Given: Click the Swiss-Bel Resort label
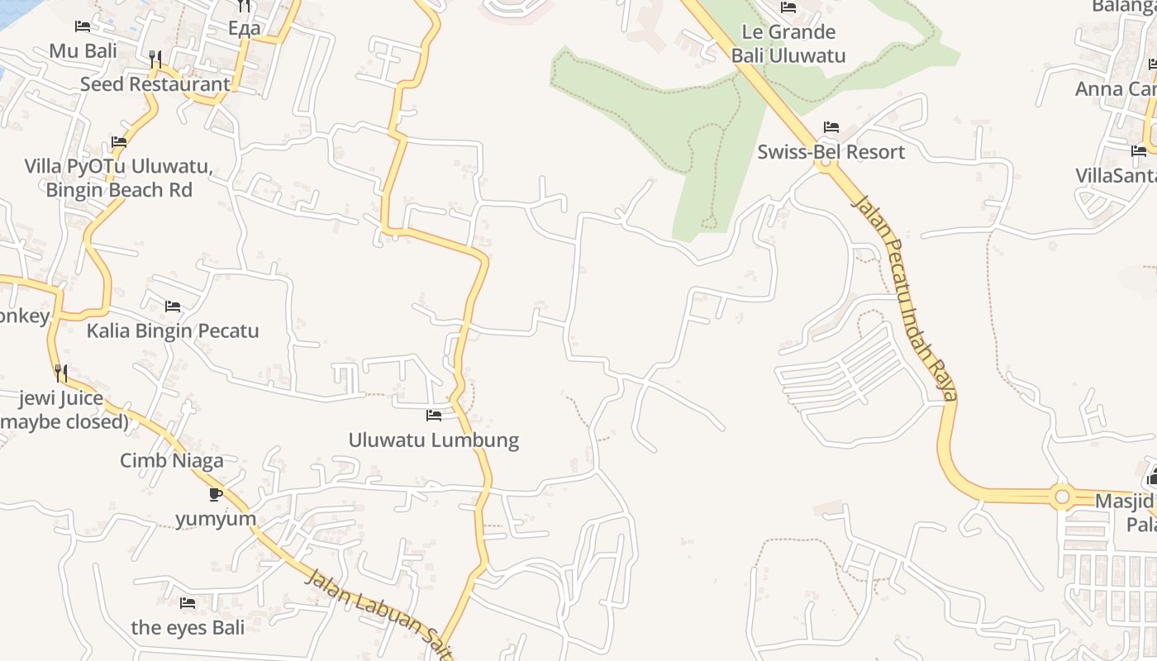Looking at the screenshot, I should pos(831,152).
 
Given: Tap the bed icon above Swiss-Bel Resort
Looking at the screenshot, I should pos(831,127).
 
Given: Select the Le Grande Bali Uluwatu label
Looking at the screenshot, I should pos(788,44).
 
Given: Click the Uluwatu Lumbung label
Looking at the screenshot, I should pos(434,440).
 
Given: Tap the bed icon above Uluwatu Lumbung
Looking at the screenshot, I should pos(434,415).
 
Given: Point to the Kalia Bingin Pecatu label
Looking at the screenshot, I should pos(173,331).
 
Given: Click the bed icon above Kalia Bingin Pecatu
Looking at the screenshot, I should pos(173,307).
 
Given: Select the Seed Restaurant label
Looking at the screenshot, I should pos(155,84).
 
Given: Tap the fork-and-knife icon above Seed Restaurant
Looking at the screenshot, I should pos(155,59).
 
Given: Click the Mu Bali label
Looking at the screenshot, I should pos(83,51).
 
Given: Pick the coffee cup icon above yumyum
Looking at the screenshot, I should pos(216,494).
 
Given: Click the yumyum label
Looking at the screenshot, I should pos(216,519).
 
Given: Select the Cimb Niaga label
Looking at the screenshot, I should pos(172,460).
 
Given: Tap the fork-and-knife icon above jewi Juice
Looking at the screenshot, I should pos(61,373).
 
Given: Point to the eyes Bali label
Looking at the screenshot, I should pos(188,628).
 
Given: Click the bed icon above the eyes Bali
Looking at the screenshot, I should pos(188,603).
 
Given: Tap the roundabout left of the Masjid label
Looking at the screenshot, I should pos(1062,497).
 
